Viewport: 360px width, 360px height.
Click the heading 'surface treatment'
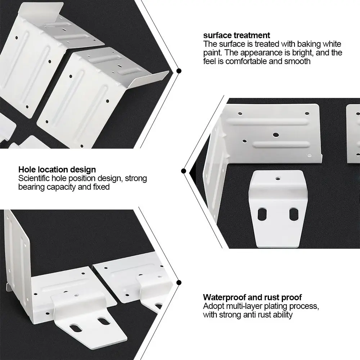[x=237, y=35]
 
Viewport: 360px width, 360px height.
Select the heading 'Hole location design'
[x=57, y=170]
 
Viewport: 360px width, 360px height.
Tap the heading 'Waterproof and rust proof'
[x=252, y=297]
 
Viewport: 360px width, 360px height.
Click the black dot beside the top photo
[x=179, y=71]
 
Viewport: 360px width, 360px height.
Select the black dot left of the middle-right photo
[x=184, y=171]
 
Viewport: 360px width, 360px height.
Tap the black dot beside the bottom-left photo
[x=179, y=282]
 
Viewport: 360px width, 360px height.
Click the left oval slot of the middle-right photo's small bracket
[x=262, y=214]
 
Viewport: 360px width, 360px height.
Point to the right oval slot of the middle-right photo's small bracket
[x=294, y=214]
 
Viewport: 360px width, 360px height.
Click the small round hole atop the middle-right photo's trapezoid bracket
[x=278, y=178]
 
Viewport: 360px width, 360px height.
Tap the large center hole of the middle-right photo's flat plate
[x=276, y=135]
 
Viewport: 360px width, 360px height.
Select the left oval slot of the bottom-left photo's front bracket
[x=76, y=328]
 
